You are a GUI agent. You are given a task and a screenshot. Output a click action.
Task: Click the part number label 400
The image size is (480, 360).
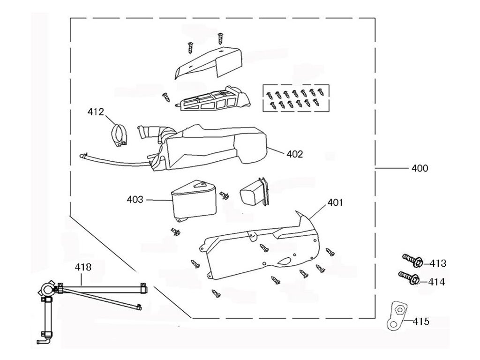tap(420, 168)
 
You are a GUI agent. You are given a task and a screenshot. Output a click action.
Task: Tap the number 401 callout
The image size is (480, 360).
tap(335, 202)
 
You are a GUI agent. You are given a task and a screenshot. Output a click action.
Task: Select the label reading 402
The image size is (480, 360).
tap(294, 154)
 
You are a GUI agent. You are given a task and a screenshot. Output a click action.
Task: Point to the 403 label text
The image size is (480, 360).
tap(135, 200)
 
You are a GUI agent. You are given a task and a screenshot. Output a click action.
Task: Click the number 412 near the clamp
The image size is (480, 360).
tap(96, 112)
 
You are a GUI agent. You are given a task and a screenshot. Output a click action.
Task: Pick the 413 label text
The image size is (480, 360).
tap(438, 263)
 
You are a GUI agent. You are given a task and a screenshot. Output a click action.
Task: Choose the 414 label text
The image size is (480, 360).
tap(436, 282)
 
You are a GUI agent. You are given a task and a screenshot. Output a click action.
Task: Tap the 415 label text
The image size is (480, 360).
tap(421, 321)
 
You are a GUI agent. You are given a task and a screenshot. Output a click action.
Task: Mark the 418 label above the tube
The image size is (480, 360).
tap(83, 267)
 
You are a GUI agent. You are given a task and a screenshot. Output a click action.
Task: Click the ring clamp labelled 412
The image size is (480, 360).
tap(119, 135)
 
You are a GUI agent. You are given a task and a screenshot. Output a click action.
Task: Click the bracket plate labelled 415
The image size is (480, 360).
tap(397, 315)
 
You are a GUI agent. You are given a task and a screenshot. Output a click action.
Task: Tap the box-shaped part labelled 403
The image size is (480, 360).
tap(193, 201)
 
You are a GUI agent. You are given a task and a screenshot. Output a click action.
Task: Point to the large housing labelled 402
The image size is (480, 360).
tap(208, 147)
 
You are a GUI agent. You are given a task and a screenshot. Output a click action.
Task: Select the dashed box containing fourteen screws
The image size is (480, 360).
tap(296, 98)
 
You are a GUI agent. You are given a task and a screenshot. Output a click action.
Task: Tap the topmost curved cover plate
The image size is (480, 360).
tap(209, 62)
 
